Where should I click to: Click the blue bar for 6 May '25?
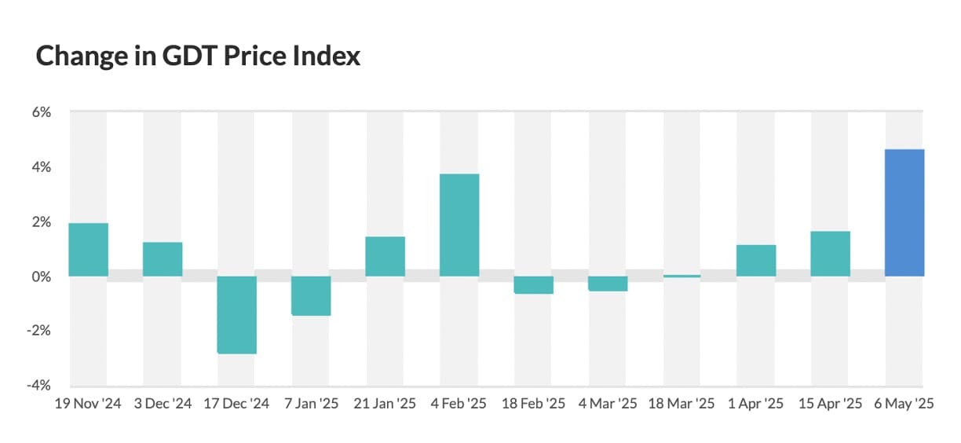(x=904, y=212)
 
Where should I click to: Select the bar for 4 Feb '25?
(x=459, y=225)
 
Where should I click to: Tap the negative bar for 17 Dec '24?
(x=237, y=314)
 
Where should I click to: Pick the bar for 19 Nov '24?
(x=89, y=250)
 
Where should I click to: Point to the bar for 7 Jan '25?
(x=311, y=295)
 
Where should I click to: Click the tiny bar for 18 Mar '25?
(x=681, y=276)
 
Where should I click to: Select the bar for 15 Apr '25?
(x=830, y=254)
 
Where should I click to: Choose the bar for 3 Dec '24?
(x=163, y=259)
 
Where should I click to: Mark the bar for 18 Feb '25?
(x=533, y=284)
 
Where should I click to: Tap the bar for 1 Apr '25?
(x=756, y=261)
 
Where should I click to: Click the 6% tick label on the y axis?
(x=41, y=112)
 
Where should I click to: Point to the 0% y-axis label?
(x=41, y=276)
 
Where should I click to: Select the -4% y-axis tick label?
(x=39, y=386)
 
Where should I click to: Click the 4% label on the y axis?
(x=41, y=167)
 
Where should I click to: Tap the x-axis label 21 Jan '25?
(x=385, y=405)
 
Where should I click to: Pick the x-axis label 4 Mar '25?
(x=608, y=405)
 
